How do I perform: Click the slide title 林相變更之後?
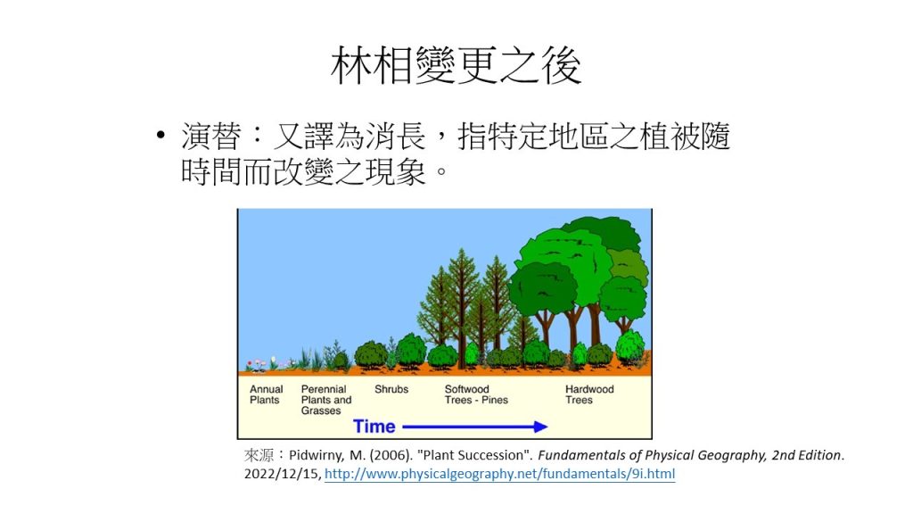point(456,66)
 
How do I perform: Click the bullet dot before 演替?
point(160,137)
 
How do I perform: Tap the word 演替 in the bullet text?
point(210,137)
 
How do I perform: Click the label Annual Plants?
point(266,394)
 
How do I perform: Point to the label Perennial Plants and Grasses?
point(326,400)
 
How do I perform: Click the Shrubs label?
point(391,389)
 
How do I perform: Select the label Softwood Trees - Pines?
point(476,394)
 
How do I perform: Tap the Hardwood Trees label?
point(589,394)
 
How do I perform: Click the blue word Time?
point(374,427)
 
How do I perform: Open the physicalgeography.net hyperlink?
point(499,474)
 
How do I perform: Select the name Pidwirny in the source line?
point(317,455)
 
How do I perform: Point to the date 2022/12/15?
point(282,474)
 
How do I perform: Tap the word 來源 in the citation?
point(259,455)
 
